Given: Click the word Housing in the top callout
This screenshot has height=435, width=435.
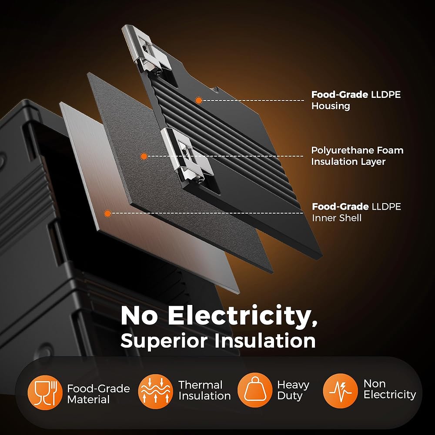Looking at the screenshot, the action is [x=331, y=106].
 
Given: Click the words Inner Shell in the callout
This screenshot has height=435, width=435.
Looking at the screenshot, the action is [x=337, y=217].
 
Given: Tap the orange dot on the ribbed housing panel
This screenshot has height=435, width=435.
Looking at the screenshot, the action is [x=198, y=100].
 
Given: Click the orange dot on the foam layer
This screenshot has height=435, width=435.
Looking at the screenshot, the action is [x=144, y=156].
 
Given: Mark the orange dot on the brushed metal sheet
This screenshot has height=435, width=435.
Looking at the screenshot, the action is [x=107, y=213].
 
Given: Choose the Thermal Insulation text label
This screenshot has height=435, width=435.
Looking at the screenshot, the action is [x=204, y=390].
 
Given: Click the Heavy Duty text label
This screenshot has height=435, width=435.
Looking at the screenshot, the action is [x=293, y=390].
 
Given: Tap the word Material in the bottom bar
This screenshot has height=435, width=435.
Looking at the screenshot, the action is [x=88, y=399].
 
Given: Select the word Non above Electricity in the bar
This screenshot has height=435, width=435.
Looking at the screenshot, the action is [x=375, y=384].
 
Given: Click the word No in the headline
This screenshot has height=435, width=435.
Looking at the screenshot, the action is [x=140, y=317].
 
